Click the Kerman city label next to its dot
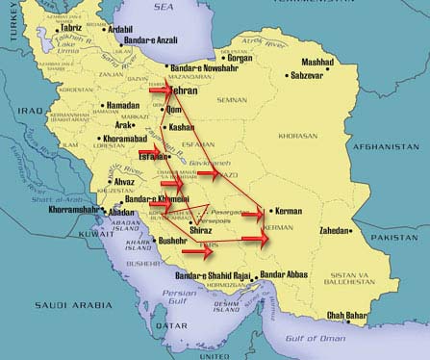click(x=290, y=210)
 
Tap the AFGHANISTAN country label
click(x=394, y=146)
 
